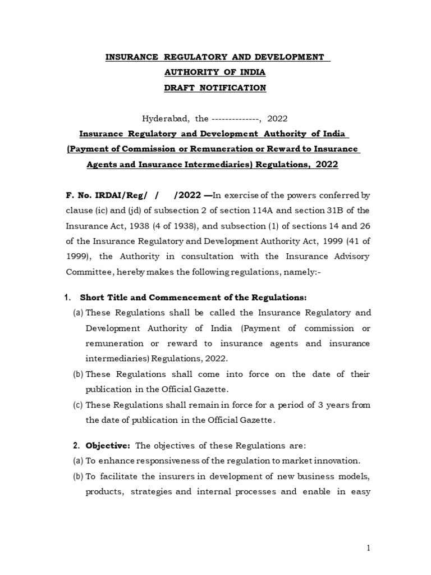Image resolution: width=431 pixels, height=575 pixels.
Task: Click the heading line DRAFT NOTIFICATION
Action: pos(215,88)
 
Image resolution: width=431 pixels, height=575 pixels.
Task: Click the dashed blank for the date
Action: pos(234,118)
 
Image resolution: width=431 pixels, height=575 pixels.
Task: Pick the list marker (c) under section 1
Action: pos(78,405)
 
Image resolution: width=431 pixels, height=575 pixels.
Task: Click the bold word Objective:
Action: pos(108,446)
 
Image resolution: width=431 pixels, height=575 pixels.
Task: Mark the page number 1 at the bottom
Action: pos(369,549)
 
